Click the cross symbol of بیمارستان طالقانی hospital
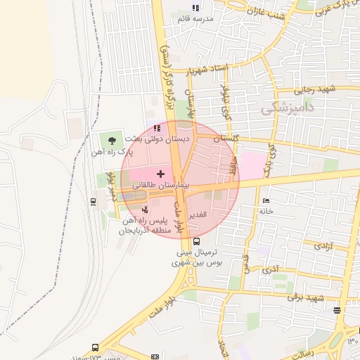[x=160, y=173]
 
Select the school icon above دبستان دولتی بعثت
[x=157, y=129]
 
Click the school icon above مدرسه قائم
[x=195, y=8]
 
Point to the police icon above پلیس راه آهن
[x=145, y=208]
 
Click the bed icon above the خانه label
[x=265, y=200]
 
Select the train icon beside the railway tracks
[x=94, y=201]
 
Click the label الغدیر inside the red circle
[x=198, y=215]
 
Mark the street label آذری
[x=270, y=269]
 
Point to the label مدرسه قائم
[x=195, y=19]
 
